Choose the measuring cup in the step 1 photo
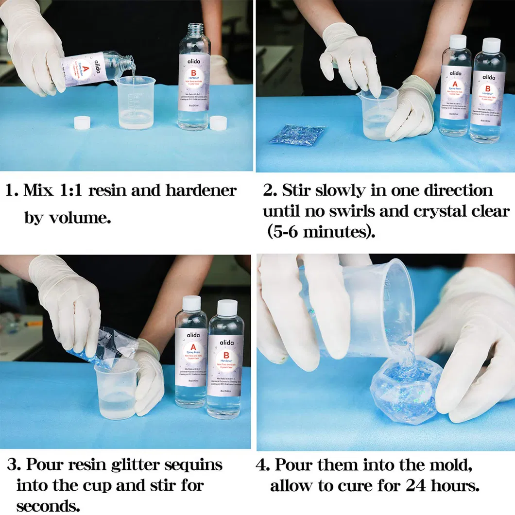[x=135, y=103]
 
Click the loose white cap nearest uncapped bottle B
[x=218, y=123]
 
